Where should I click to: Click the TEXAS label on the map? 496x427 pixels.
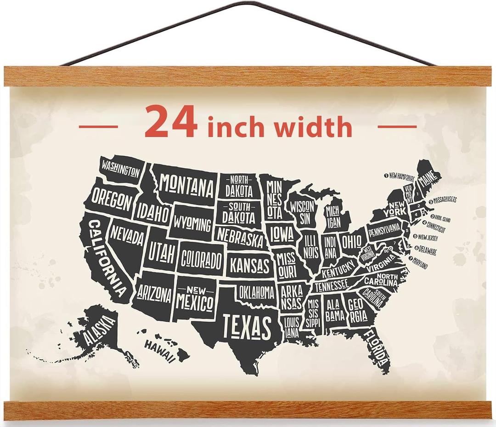point(247,326)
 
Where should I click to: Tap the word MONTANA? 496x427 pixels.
point(187,186)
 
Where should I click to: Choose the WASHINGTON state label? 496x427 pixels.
point(120,169)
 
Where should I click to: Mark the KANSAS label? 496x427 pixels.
point(249,265)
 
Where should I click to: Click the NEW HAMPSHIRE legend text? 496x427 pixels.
point(402,176)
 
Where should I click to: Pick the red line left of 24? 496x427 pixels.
point(98,126)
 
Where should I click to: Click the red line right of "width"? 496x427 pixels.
point(397,126)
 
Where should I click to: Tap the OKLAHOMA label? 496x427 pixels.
point(256,291)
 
